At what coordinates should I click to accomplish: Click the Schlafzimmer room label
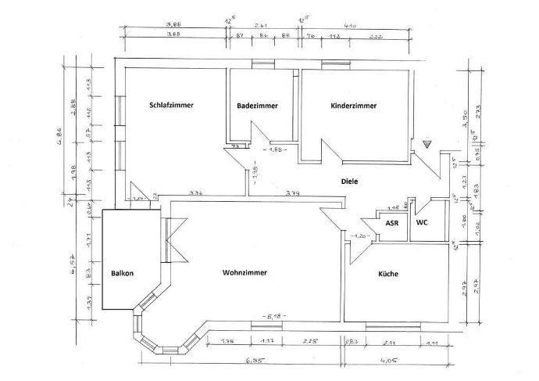171,105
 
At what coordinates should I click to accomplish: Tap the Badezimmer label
257,106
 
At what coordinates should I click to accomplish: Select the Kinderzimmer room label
354,105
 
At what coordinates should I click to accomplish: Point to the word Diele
349,182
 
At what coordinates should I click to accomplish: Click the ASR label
392,223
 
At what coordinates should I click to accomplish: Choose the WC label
422,223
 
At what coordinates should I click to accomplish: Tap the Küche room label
388,274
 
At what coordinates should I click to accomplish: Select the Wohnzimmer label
245,273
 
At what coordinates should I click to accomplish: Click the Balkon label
123,273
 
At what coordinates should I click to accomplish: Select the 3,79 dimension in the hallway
293,193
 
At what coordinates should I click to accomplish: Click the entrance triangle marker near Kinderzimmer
427,145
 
